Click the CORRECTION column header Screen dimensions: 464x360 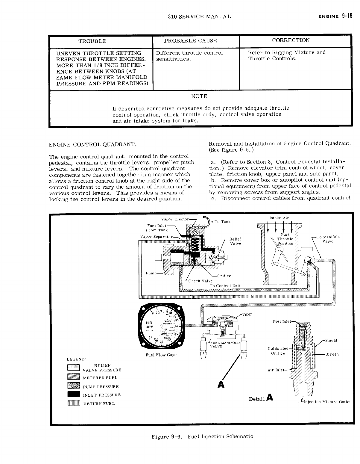pos(291,40)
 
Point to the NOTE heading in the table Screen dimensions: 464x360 pos(199,96)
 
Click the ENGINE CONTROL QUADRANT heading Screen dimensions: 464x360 pos(93,145)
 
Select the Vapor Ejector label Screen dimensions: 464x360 pos(175,219)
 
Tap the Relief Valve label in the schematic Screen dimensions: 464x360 pos(235,241)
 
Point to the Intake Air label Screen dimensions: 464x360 pos(279,218)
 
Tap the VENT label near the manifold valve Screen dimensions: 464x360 pos(247,314)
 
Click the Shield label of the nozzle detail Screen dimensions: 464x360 pos(331,340)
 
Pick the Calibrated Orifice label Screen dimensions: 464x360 pos(278,351)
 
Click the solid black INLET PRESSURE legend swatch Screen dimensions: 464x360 pos(74,395)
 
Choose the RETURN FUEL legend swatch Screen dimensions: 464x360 pos(74,403)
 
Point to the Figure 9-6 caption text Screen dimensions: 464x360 pos(202,436)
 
